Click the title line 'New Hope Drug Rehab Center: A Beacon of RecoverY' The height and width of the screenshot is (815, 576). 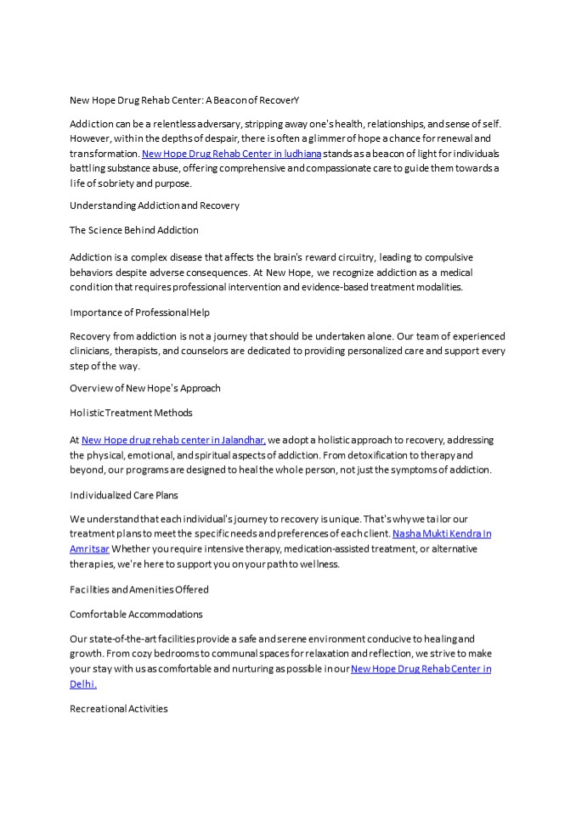184,100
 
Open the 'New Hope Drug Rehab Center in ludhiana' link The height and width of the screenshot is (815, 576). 231,154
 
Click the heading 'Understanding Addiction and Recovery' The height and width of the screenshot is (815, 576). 155,205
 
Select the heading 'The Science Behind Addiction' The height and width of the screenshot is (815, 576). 134,230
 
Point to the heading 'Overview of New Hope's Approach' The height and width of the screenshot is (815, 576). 145,388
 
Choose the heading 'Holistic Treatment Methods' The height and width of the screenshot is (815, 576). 131,413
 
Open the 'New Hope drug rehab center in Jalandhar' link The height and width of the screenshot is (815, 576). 173,440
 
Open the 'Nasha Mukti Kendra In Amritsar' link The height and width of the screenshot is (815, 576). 442,534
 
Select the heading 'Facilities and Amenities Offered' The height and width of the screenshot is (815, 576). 139,589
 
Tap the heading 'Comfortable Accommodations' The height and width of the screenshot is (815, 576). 136,614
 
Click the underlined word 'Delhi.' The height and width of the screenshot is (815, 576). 83,683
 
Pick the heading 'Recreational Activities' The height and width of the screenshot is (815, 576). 119,708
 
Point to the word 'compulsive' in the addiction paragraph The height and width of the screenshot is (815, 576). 425,257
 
